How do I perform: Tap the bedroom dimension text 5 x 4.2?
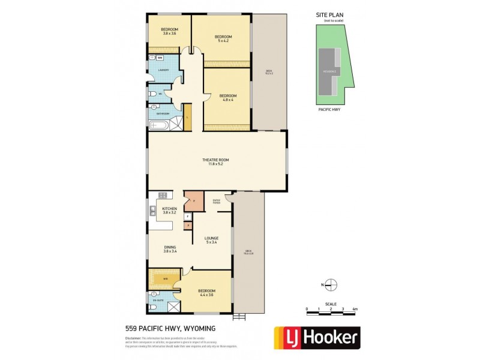(223, 39)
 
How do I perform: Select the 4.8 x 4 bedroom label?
(227, 98)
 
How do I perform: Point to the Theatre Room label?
(216, 161)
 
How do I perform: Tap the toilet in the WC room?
(153, 95)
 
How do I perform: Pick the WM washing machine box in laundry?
(160, 58)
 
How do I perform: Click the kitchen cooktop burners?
(162, 195)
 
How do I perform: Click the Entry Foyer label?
(217, 202)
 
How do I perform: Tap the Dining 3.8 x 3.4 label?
(170, 250)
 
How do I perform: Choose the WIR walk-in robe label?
(165, 279)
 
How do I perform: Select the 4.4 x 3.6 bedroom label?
(206, 293)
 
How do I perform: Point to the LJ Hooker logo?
(317, 338)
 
